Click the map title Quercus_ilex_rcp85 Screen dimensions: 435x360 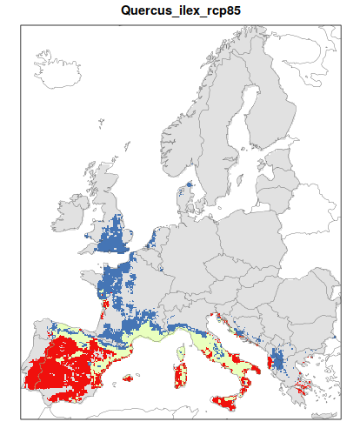181,11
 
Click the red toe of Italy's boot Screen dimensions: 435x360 246,383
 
